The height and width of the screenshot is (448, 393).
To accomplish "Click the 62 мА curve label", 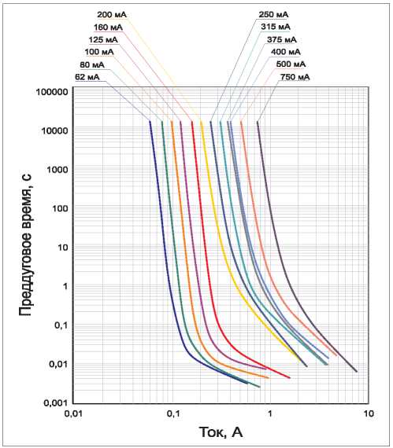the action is [x=87, y=77].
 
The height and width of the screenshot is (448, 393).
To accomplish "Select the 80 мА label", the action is [x=92, y=65].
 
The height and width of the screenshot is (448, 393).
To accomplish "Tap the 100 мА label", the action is [x=99, y=52].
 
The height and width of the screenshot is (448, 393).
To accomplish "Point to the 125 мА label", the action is [x=103, y=40].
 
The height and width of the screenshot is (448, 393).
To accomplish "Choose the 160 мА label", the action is [x=108, y=28].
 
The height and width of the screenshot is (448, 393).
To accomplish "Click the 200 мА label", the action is [x=112, y=15].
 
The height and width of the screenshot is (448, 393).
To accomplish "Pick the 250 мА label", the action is [x=273, y=15].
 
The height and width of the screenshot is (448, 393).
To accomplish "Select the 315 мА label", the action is [x=276, y=27].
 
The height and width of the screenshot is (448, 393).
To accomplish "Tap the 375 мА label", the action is [x=282, y=40].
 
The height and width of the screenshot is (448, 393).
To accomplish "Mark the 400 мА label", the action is [x=286, y=52].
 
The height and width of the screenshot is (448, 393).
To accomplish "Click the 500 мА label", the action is [x=291, y=64].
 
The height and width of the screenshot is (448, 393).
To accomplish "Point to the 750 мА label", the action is [x=295, y=77].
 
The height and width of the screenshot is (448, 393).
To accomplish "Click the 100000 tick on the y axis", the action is [x=52, y=92].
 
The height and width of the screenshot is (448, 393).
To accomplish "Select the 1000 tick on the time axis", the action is [x=57, y=170].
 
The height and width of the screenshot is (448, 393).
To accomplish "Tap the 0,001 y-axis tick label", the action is [x=56, y=403].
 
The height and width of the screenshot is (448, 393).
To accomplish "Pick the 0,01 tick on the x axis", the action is [x=72, y=413].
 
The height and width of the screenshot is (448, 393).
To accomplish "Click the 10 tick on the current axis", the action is [x=369, y=413].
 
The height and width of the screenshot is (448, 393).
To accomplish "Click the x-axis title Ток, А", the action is [x=221, y=432].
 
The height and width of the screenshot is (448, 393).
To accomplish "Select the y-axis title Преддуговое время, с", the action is [x=25, y=244].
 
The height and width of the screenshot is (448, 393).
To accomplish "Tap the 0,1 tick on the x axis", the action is [x=173, y=413].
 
